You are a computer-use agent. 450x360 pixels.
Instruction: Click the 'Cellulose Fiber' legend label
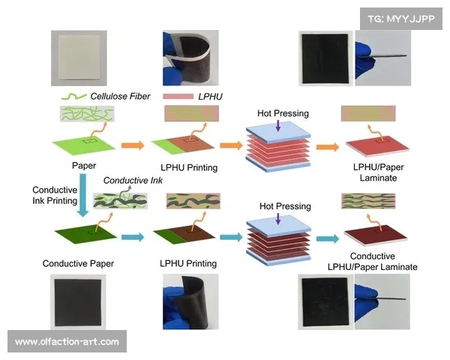point(120,96)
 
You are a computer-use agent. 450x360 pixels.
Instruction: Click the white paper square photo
point(79,58)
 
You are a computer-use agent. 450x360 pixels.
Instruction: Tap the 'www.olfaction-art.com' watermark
point(67,342)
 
